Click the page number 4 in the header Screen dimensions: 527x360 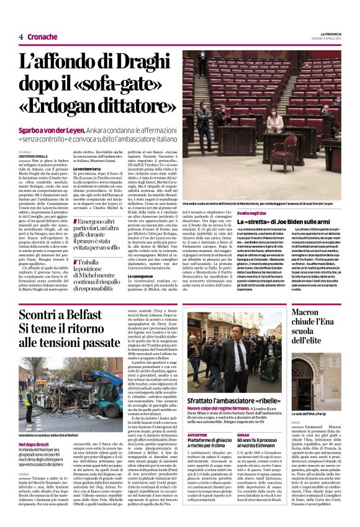point(21,37)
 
